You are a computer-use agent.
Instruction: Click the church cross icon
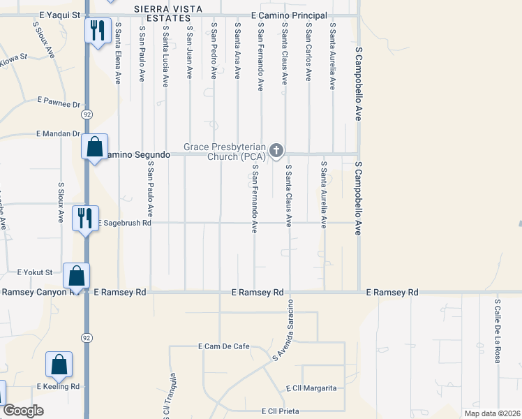coord(276,150)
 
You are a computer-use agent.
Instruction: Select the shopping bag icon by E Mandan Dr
coord(94,147)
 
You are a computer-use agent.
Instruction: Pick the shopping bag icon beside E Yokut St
coord(76,276)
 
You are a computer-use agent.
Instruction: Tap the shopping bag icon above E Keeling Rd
coord(59,364)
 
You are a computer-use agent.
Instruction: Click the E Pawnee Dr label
coord(59,103)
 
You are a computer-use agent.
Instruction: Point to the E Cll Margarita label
coord(311,388)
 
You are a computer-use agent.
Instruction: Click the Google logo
coord(24,411)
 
